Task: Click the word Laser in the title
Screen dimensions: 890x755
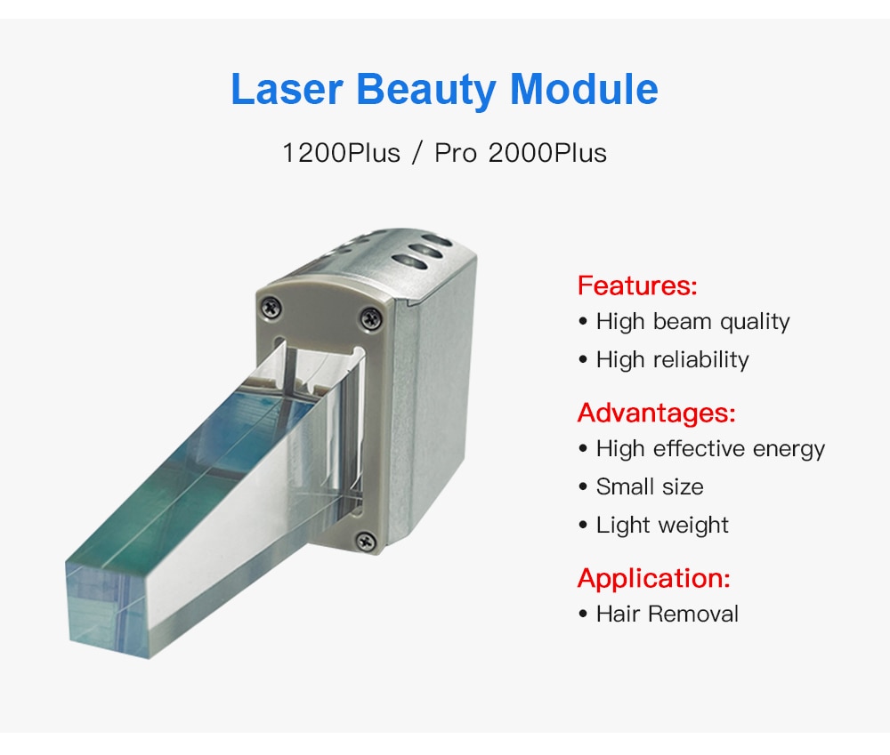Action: point(287,89)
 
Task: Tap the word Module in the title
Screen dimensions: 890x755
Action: point(584,89)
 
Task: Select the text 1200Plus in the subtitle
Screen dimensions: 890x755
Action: point(341,153)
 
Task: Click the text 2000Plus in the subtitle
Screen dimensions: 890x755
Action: point(547,153)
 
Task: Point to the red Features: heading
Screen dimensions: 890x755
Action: point(637,285)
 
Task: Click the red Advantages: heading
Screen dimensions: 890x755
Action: point(656,413)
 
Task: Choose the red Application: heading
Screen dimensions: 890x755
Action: point(653,578)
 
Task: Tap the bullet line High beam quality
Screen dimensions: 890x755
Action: point(684,322)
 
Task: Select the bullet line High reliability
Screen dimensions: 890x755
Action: point(664,359)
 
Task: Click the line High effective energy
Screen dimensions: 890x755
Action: point(701,449)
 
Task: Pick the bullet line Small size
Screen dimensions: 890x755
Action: point(641,486)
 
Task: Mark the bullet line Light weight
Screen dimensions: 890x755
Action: point(653,525)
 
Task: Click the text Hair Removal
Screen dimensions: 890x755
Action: point(659,614)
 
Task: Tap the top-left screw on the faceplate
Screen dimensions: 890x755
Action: point(271,307)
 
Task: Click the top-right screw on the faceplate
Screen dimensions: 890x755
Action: point(371,317)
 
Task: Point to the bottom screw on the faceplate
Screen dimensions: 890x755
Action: point(366,541)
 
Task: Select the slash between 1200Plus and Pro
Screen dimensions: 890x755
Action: point(417,153)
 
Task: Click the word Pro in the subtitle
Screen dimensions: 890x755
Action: point(455,153)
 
